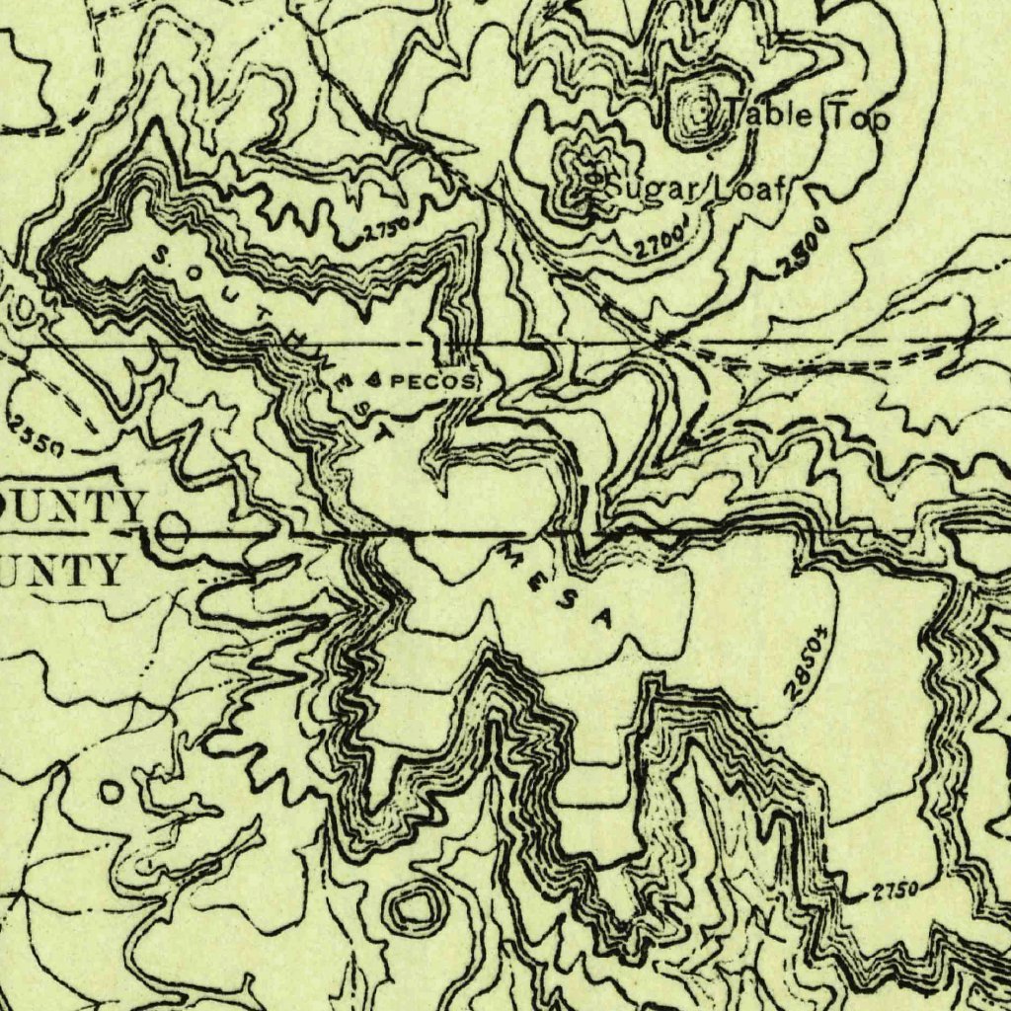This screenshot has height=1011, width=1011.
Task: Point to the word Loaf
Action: click(751, 188)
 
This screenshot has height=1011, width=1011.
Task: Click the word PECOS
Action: click(429, 380)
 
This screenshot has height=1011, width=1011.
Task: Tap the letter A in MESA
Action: click(604, 619)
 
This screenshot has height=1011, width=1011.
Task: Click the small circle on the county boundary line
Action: click(173, 533)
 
